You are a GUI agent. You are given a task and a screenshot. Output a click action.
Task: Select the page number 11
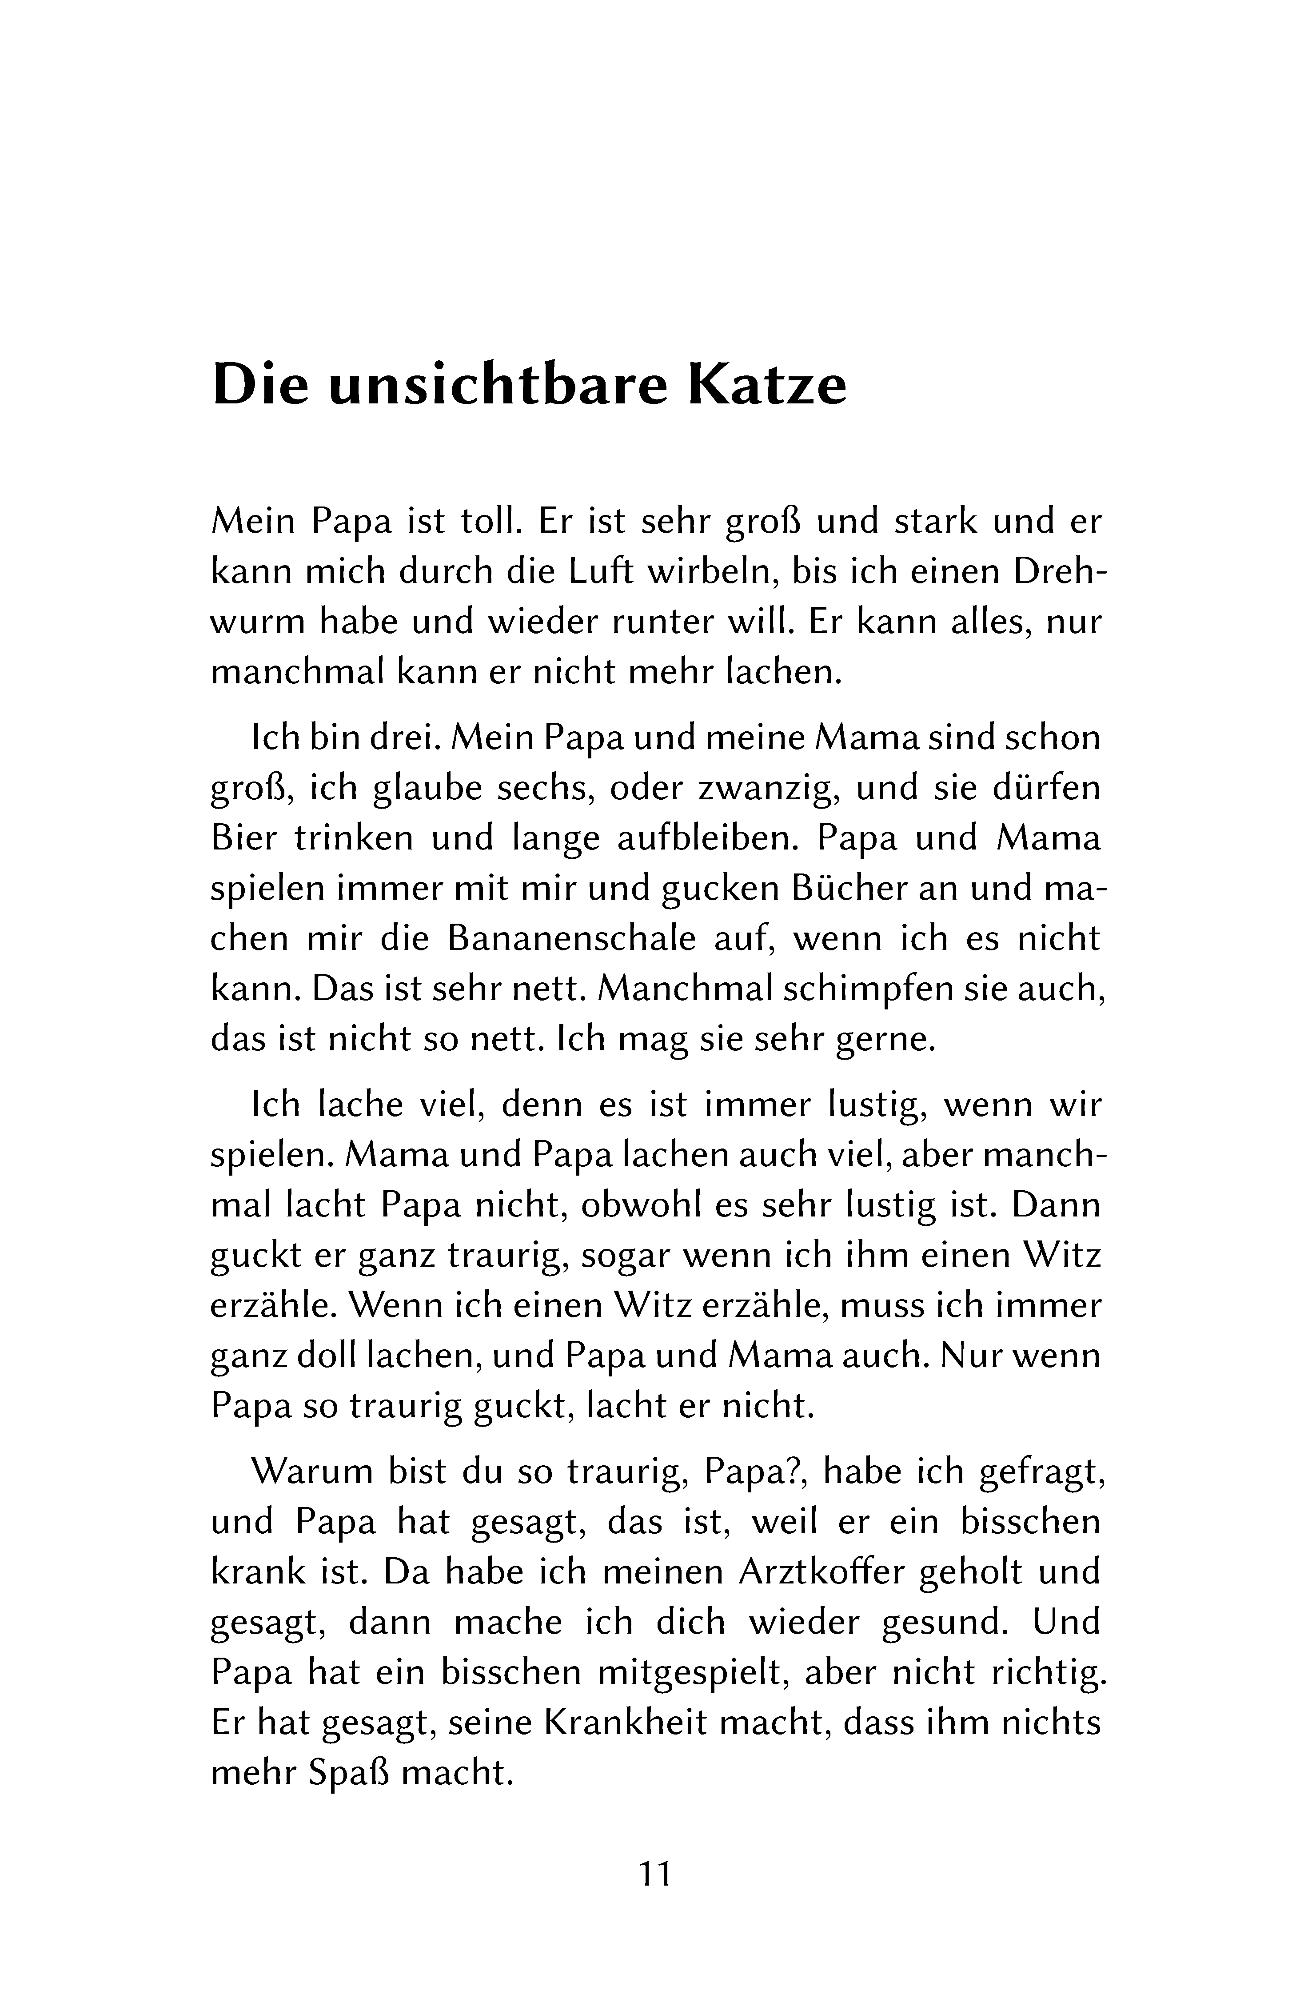655,1873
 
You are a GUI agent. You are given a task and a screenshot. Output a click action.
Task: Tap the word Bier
243,839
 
